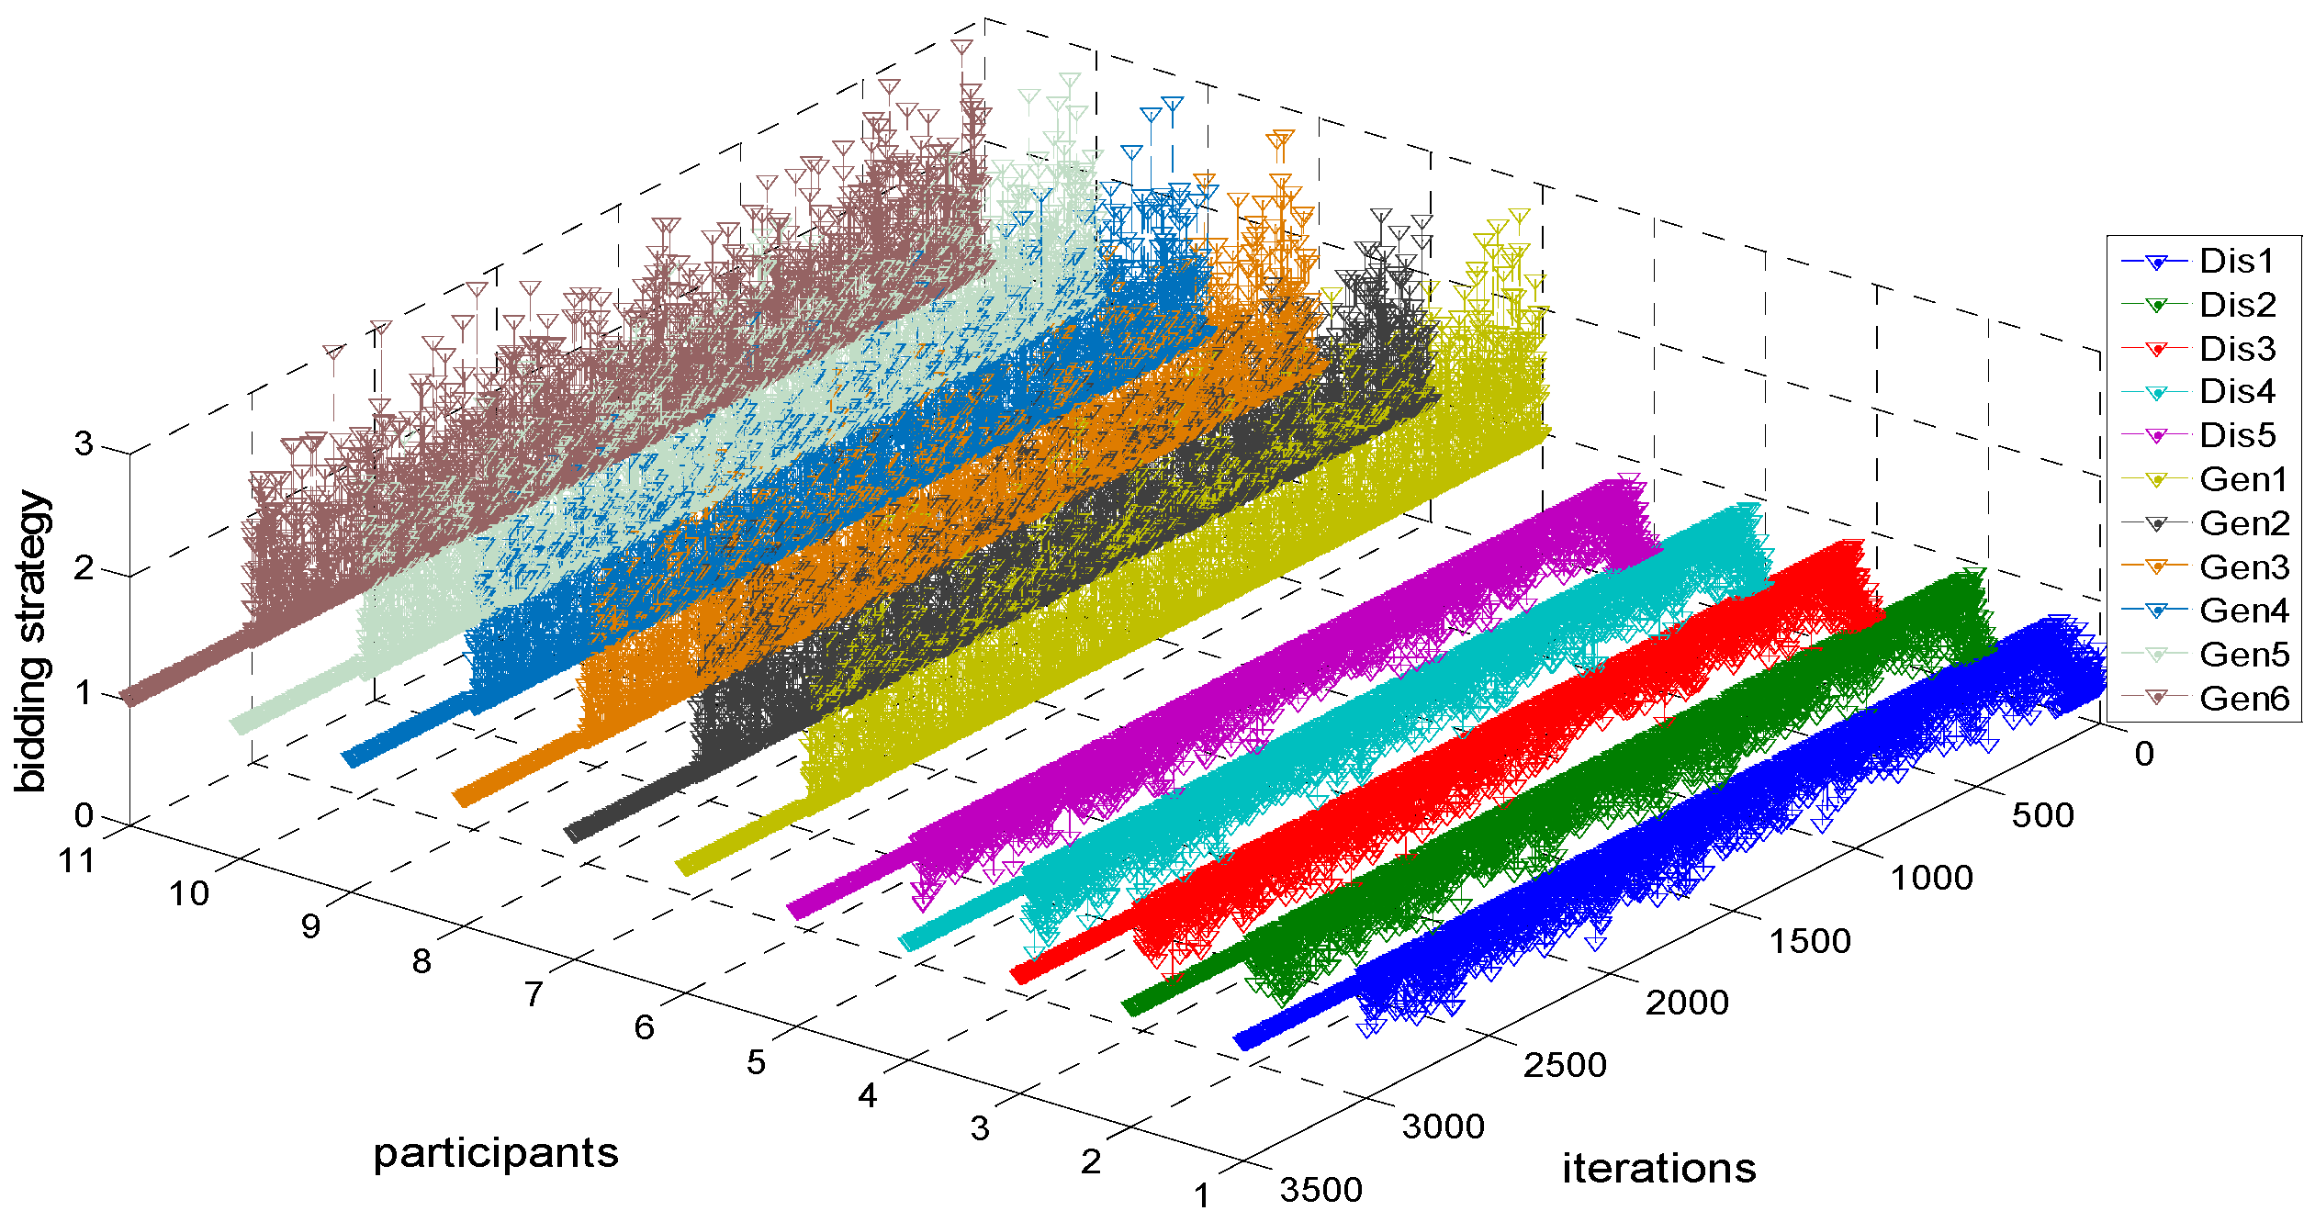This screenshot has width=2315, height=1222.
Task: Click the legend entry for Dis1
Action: (x=2237, y=262)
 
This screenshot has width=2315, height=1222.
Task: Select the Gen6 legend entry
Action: (x=2244, y=699)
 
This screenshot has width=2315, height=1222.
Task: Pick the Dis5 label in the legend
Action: (x=2238, y=435)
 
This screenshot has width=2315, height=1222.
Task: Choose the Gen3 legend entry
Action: (x=2244, y=567)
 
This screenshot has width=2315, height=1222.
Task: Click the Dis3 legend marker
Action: (x=2157, y=350)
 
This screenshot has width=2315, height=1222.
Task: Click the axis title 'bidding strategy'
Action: (x=32, y=641)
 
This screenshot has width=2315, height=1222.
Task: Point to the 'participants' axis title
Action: (x=496, y=1153)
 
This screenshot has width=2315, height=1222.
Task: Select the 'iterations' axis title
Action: (x=1658, y=1169)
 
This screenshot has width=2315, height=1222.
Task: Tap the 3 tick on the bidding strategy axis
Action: (x=84, y=444)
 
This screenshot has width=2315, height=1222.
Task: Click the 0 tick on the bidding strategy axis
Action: (x=84, y=815)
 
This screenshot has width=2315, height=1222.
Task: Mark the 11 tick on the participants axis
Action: (x=76, y=861)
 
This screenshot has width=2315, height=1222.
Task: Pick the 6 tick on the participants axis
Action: (x=644, y=1027)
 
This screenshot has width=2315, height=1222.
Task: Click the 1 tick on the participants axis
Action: (x=1202, y=1195)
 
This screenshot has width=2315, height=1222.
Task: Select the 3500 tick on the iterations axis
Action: (x=1320, y=1190)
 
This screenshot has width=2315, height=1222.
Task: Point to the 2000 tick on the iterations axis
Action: (x=1686, y=1003)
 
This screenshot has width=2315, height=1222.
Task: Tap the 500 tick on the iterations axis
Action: (x=2042, y=815)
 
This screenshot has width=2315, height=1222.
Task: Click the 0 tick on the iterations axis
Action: (x=2144, y=754)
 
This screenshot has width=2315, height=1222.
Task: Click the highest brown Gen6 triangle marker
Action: (x=961, y=48)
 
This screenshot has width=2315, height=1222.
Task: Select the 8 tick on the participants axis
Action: (x=421, y=961)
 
